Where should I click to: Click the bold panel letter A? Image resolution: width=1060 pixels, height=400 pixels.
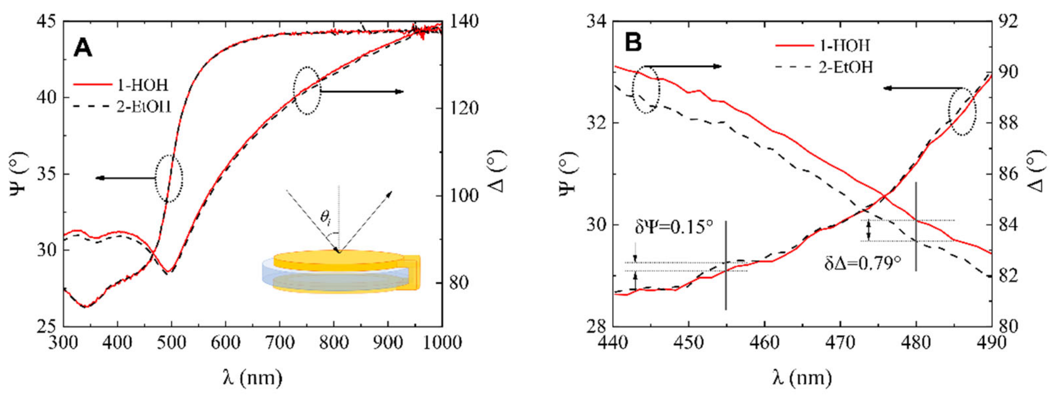83,48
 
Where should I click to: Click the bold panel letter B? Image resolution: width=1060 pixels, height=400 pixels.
633,42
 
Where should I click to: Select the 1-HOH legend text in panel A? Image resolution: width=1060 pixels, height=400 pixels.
143,85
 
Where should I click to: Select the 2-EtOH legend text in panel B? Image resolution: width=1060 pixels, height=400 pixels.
845,67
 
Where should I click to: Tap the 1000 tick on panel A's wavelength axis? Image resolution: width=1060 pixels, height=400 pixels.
442,342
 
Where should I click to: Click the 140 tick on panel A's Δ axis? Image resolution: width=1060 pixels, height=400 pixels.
465,21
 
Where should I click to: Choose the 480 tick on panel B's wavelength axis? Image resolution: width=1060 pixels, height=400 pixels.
916,342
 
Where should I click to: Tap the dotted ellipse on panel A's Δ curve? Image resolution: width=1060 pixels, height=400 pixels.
307,90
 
